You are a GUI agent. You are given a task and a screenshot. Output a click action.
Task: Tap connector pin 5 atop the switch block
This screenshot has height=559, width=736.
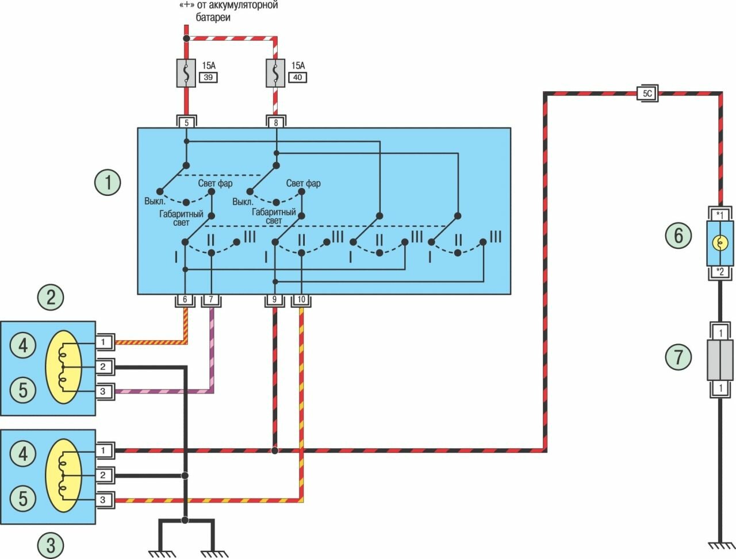[x=185, y=122]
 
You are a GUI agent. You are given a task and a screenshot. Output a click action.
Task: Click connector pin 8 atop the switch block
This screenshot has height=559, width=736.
[x=276, y=122]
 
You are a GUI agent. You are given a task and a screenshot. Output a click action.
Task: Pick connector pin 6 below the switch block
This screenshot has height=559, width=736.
[x=185, y=300]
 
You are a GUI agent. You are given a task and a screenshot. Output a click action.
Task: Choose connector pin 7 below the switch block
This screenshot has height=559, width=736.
[x=211, y=300]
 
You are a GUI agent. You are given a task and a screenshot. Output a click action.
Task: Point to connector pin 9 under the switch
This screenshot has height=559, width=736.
[x=274, y=300]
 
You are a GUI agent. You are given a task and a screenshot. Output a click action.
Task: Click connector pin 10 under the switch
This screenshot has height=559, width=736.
[x=302, y=300]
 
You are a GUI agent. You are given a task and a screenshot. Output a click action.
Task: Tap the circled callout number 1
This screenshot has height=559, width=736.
[x=108, y=183]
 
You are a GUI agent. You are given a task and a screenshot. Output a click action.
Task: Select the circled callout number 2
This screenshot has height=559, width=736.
[x=51, y=297]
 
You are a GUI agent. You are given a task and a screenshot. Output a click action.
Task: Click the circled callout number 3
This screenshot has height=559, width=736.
[x=51, y=544]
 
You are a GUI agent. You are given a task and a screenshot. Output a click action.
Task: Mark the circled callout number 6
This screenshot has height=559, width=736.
[x=678, y=236]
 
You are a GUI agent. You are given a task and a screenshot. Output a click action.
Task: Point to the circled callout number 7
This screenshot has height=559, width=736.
[x=678, y=357]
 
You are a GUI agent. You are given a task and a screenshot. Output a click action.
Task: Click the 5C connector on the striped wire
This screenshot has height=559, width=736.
[x=647, y=94]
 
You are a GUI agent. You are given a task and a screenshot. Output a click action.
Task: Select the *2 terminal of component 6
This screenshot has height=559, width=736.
[x=720, y=272]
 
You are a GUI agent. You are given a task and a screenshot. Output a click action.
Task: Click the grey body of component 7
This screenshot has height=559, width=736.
[x=720, y=359]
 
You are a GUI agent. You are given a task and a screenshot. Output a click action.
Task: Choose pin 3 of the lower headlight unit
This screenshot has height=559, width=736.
[x=103, y=500]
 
